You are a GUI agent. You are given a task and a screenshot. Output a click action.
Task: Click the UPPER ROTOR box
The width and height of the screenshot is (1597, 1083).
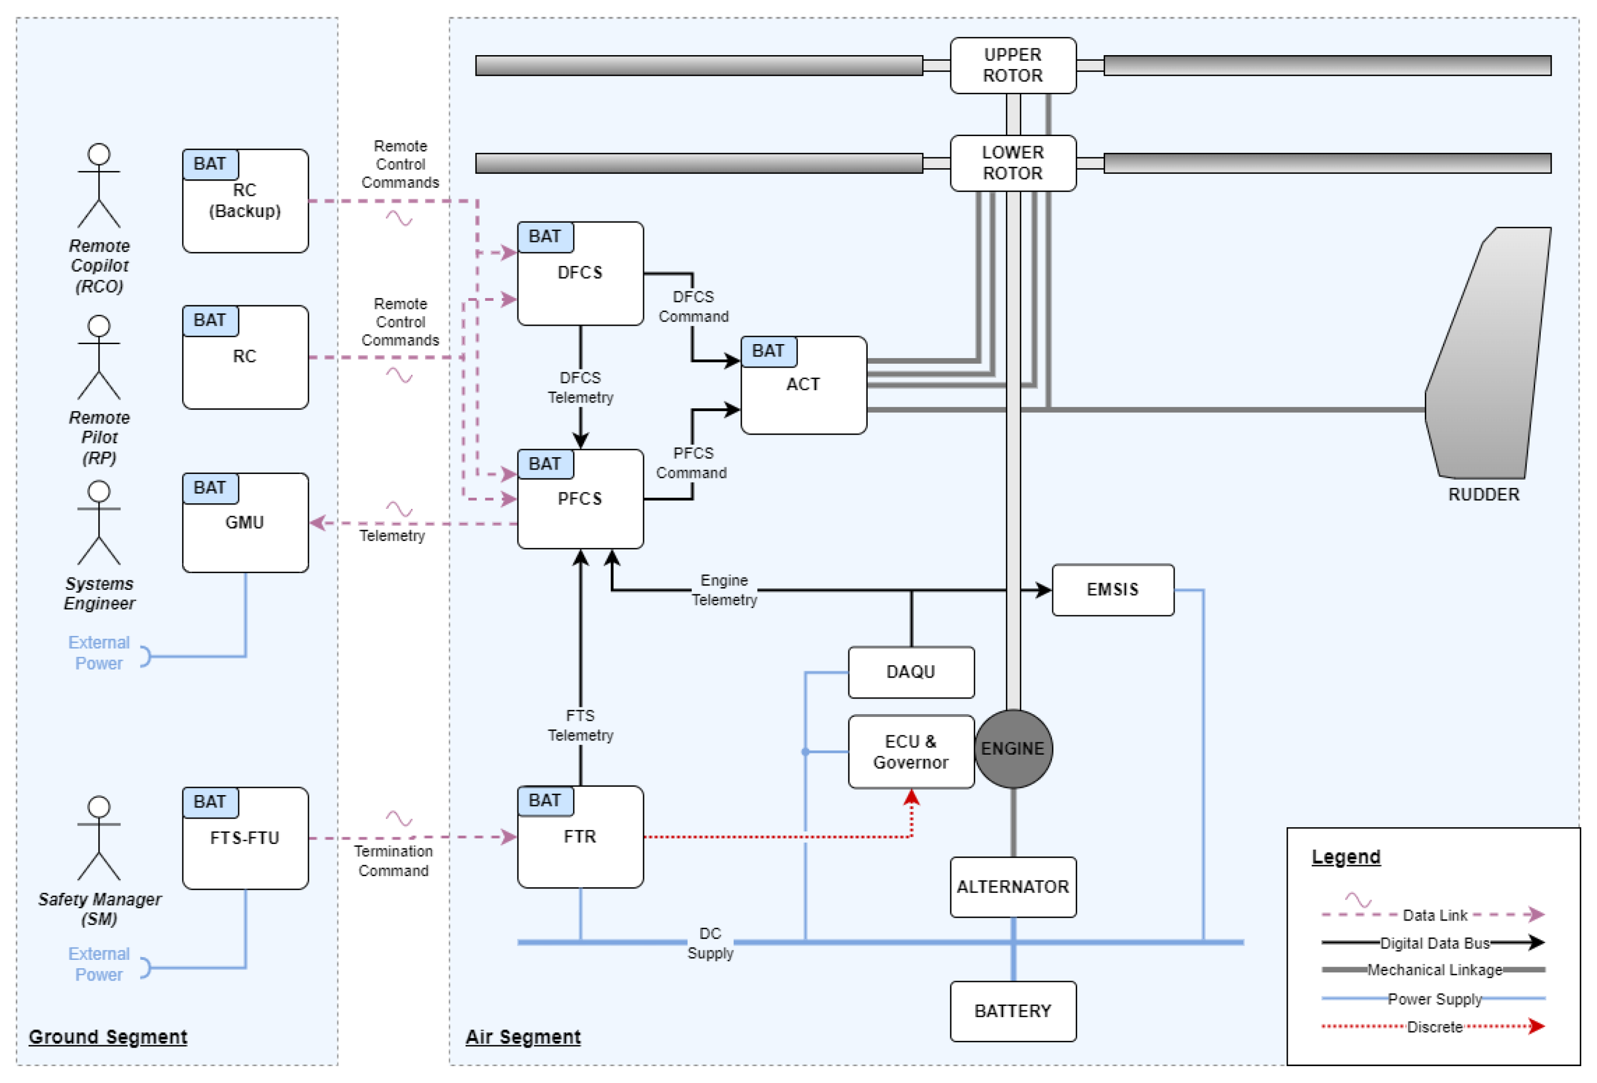click(1012, 65)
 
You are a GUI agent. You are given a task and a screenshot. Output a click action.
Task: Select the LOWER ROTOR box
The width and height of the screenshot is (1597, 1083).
click(1012, 163)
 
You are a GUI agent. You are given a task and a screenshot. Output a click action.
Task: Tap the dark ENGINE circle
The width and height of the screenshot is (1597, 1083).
click(1012, 748)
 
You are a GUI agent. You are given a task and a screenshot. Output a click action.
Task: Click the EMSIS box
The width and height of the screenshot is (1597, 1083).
click(1112, 590)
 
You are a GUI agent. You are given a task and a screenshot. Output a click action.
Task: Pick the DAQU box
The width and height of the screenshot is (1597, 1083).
click(910, 671)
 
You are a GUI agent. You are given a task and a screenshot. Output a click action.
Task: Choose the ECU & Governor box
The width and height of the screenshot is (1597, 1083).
click(910, 751)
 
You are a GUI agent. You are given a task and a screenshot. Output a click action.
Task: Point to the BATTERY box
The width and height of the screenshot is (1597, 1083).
click(1012, 1011)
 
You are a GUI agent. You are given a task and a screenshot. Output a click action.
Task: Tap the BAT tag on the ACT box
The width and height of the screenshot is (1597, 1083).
click(768, 351)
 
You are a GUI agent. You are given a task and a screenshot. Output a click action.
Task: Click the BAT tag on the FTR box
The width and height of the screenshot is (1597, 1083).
click(544, 801)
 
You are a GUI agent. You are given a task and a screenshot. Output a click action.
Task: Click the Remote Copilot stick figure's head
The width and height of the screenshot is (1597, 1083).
click(99, 154)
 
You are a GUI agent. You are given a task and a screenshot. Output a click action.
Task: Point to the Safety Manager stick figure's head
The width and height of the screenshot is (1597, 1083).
click(99, 807)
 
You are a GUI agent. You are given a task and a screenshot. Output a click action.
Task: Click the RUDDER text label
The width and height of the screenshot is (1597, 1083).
click(1483, 495)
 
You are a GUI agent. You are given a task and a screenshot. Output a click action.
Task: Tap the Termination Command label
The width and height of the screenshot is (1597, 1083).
click(393, 860)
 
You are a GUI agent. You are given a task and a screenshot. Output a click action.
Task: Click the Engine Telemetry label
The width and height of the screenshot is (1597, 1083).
click(724, 590)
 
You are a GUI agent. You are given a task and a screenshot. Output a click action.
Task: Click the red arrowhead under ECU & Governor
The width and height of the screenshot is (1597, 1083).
click(911, 797)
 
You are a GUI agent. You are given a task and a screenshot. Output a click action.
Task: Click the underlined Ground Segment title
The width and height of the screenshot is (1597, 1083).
click(108, 1036)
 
